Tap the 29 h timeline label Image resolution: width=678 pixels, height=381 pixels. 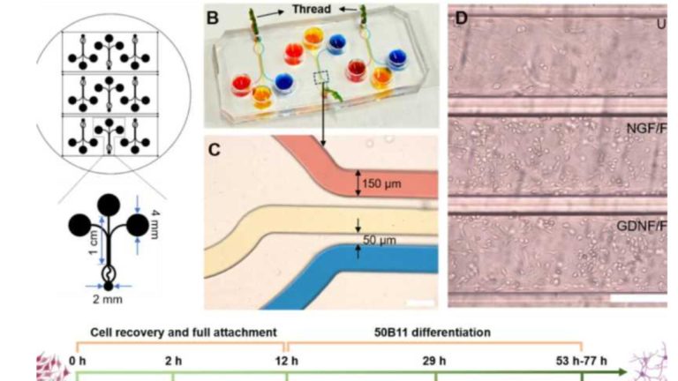435,362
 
